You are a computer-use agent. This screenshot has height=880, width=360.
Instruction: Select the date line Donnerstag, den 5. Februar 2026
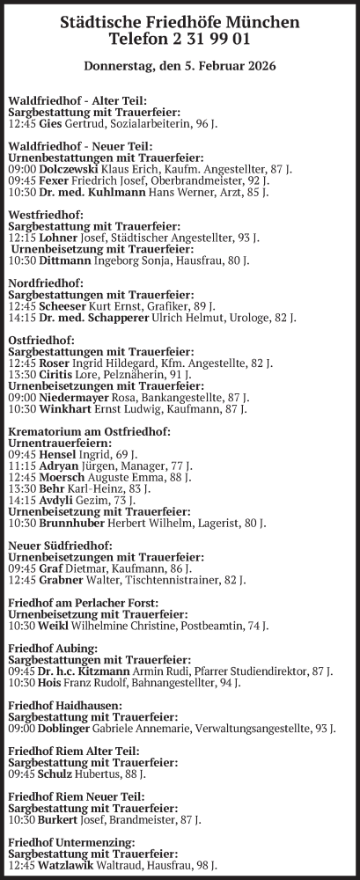(180, 66)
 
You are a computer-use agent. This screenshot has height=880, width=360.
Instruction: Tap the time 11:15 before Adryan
(21, 464)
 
